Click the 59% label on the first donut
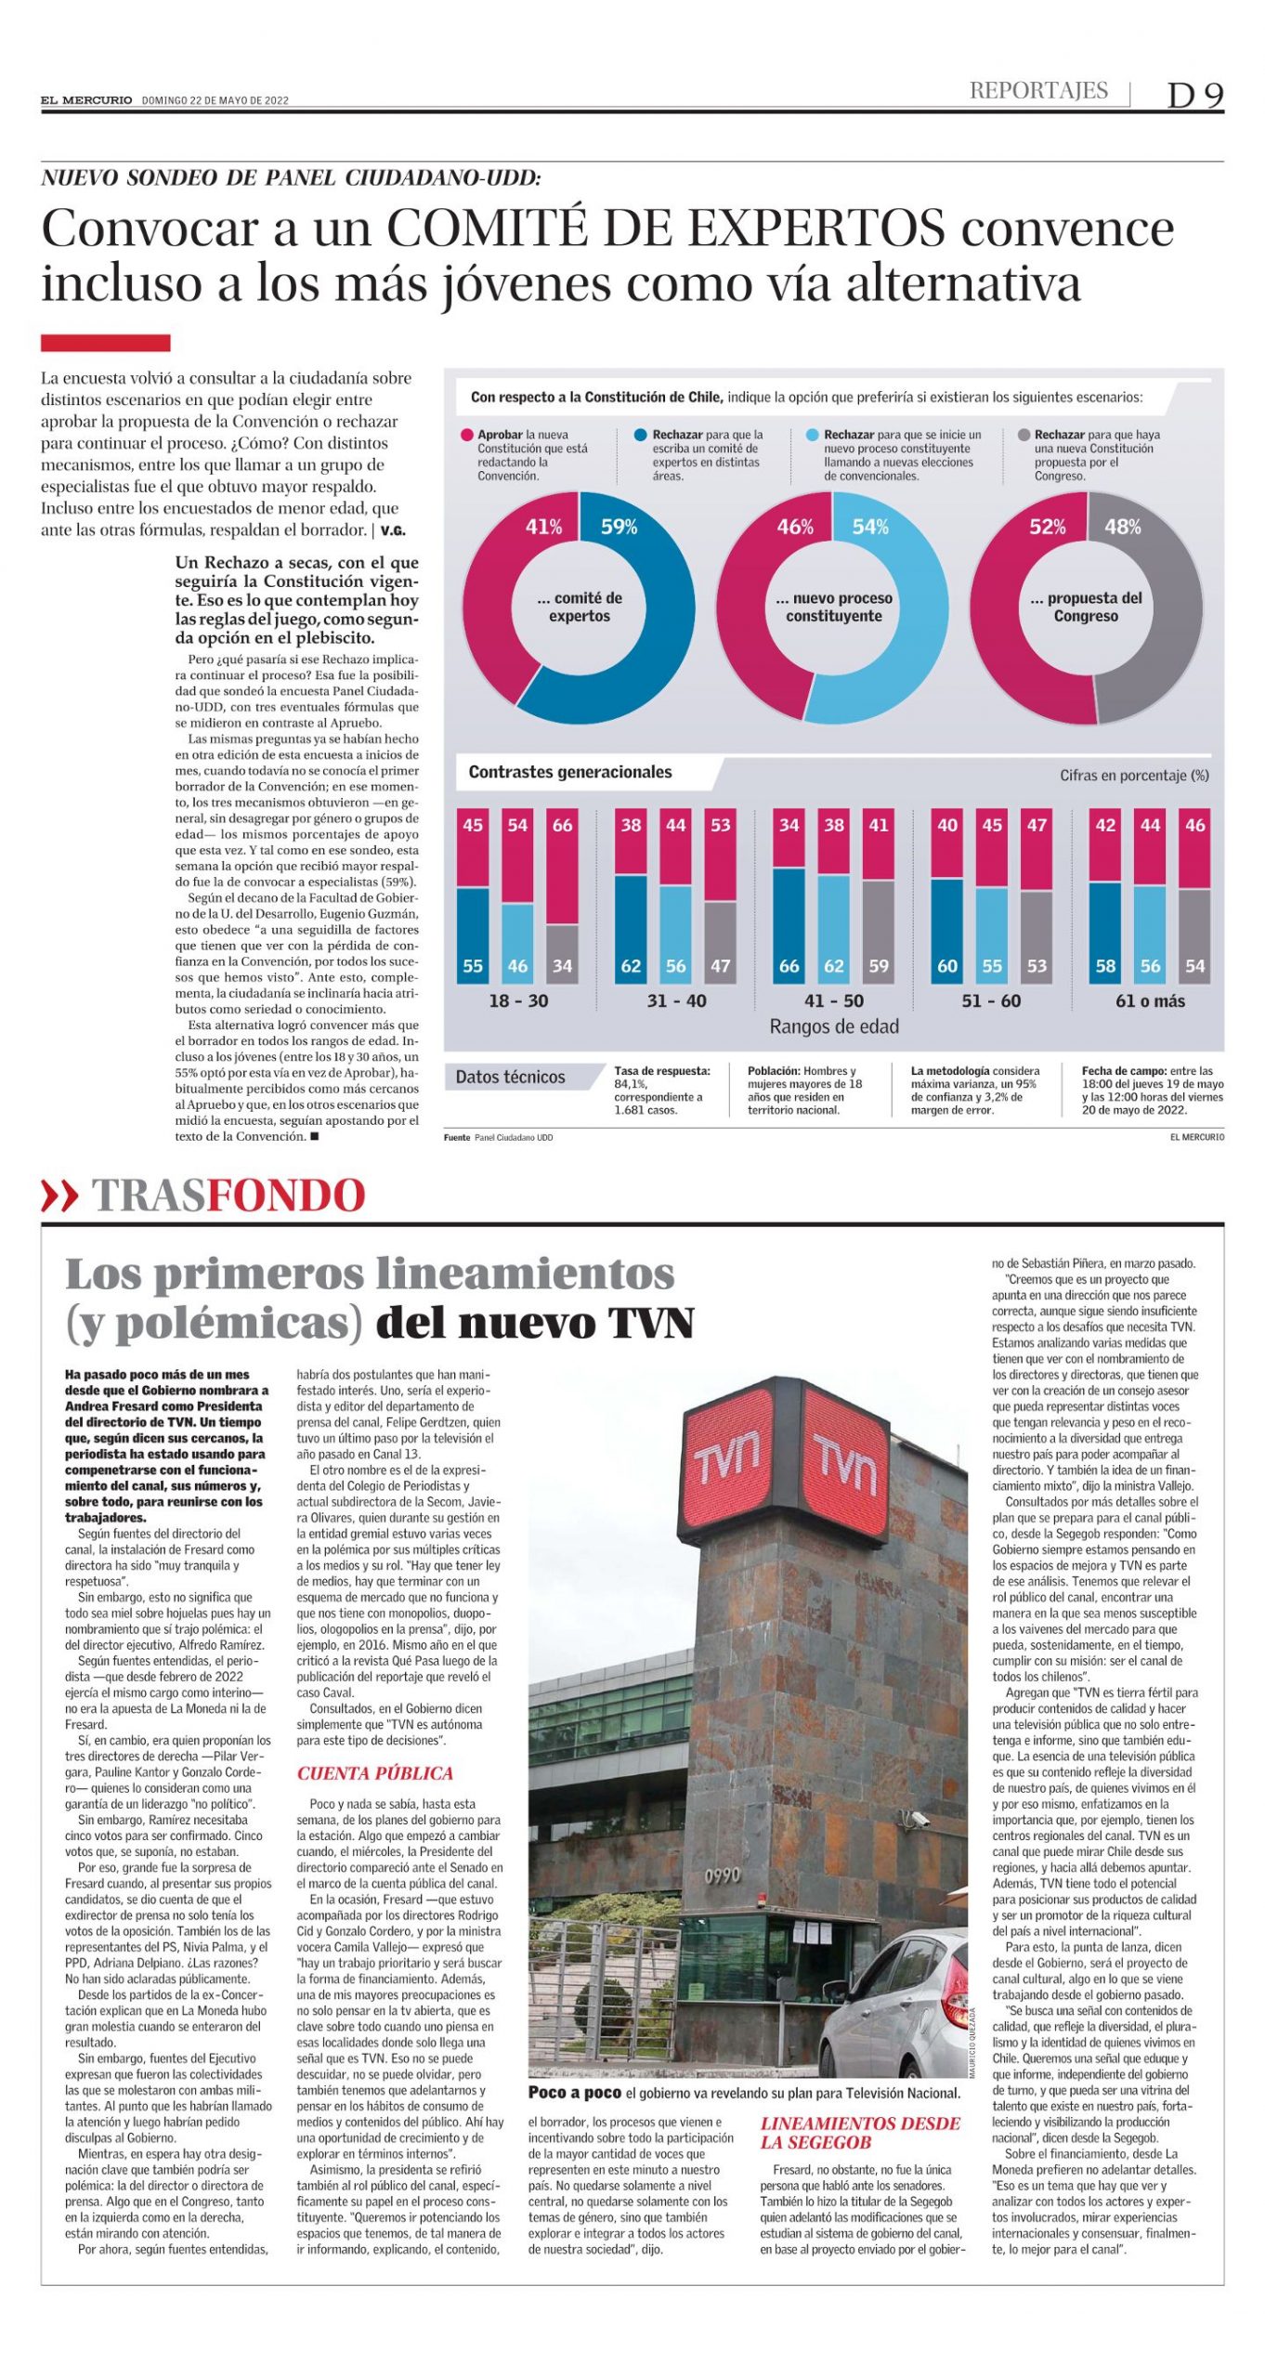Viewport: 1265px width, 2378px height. click(x=619, y=527)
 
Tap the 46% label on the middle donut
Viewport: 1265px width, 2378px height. click(x=795, y=527)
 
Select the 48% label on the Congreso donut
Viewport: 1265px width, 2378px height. click(x=1122, y=527)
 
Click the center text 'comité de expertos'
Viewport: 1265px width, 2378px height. click(x=580, y=607)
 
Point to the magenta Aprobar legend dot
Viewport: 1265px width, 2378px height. click(x=466, y=435)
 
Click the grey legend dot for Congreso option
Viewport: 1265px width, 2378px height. click(x=1024, y=435)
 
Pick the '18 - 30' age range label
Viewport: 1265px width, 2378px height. click(x=518, y=1000)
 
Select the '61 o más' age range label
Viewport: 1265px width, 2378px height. click(x=1150, y=1000)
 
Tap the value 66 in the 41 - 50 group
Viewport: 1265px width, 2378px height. click(x=789, y=966)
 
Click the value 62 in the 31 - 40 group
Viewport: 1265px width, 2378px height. click(x=631, y=966)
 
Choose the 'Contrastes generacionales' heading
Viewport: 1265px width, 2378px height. click(x=569, y=772)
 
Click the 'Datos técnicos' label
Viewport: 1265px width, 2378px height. click(x=510, y=1077)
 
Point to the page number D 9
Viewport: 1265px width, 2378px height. click(x=1195, y=95)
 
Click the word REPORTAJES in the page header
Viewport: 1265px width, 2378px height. click(x=1038, y=90)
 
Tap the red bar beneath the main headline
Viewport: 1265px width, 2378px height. click(x=105, y=343)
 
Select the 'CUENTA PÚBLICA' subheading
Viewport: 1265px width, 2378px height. click(x=374, y=1773)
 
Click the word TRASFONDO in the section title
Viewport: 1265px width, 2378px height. click(x=228, y=1196)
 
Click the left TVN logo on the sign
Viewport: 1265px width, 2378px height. click(x=728, y=1459)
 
